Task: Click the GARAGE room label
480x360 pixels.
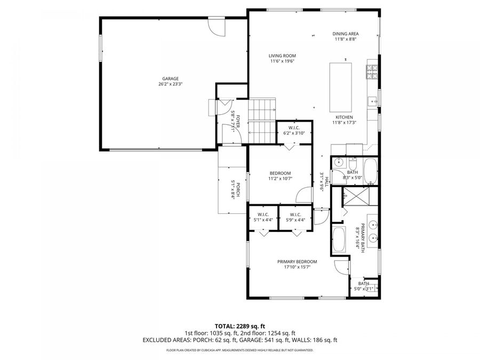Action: pyautogui.click(x=171, y=78)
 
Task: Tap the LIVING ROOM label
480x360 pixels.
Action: pyautogui.click(x=282, y=56)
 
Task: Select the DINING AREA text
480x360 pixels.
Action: pyautogui.click(x=345, y=34)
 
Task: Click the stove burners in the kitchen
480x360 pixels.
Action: pyautogui.click(x=372, y=70)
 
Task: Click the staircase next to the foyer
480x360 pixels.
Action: pyautogui.click(x=262, y=121)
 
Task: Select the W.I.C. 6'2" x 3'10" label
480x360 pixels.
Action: pyautogui.click(x=294, y=127)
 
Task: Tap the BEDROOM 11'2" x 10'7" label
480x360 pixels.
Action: pyautogui.click(x=279, y=173)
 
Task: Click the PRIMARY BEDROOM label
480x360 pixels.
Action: pyautogui.click(x=297, y=261)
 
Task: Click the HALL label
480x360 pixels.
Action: pyautogui.click(x=322, y=181)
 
